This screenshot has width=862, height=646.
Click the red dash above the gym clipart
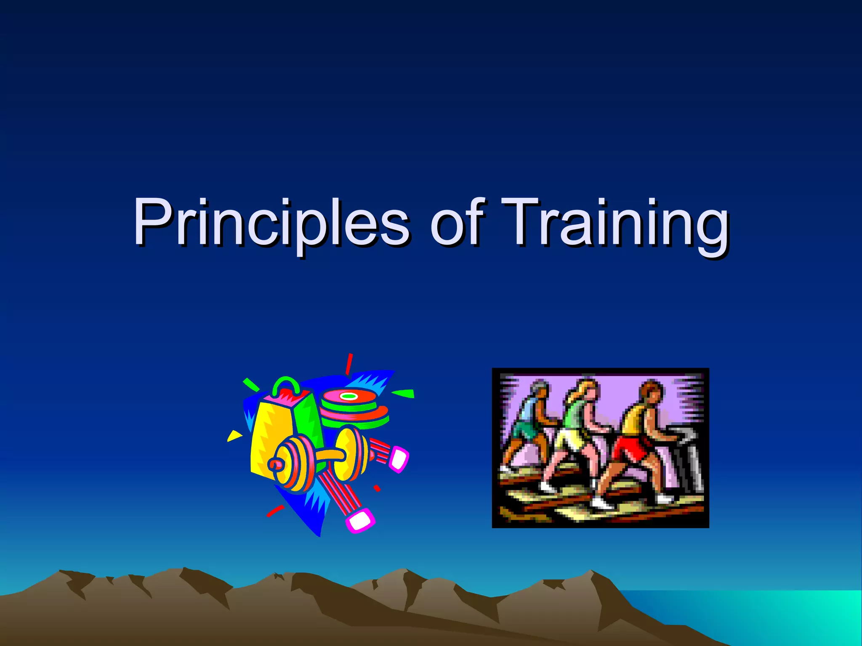point(349,364)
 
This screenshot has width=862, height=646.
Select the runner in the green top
point(577,433)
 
